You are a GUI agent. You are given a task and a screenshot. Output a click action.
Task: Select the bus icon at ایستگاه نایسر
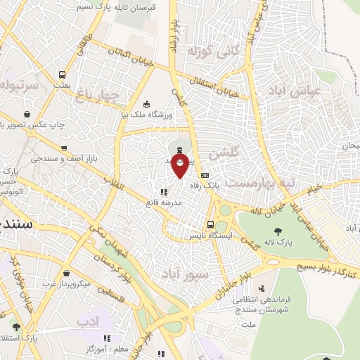(211, 225)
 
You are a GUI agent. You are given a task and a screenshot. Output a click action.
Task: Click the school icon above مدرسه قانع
(163, 191)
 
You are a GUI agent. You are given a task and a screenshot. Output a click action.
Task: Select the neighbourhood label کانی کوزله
(210, 51)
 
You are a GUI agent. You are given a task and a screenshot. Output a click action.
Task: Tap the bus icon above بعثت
(63, 74)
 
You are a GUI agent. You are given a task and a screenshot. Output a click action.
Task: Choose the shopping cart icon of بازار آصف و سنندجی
(64, 148)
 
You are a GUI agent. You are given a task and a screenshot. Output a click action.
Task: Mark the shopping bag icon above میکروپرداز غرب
(65, 274)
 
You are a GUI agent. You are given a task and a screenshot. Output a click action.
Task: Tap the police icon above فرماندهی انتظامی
(262, 288)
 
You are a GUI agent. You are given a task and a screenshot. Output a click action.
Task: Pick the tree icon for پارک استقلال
(16, 327)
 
